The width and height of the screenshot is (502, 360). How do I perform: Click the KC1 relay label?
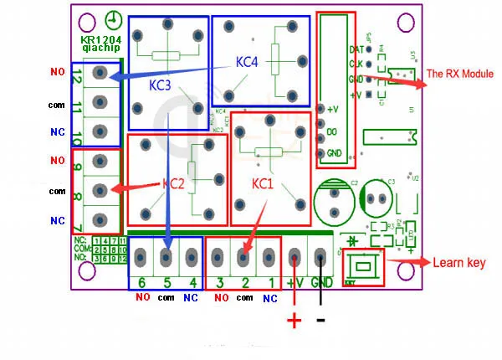coord(263,183)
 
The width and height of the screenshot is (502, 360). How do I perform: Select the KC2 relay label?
coord(173,183)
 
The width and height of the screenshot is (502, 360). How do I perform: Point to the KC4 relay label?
coord(248,61)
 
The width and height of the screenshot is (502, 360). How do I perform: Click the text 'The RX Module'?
coord(460,74)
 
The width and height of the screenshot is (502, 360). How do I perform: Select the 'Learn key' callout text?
coord(458,263)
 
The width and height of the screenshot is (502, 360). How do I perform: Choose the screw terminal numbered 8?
coord(100,191)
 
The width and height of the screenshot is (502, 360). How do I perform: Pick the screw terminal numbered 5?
coord(166,255)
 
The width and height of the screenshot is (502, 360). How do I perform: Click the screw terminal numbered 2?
coord(244,255)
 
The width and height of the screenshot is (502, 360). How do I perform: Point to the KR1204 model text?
coord(100,39)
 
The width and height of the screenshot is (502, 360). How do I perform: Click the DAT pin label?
coord(356,49)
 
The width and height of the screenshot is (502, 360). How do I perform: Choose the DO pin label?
coord(332,132)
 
